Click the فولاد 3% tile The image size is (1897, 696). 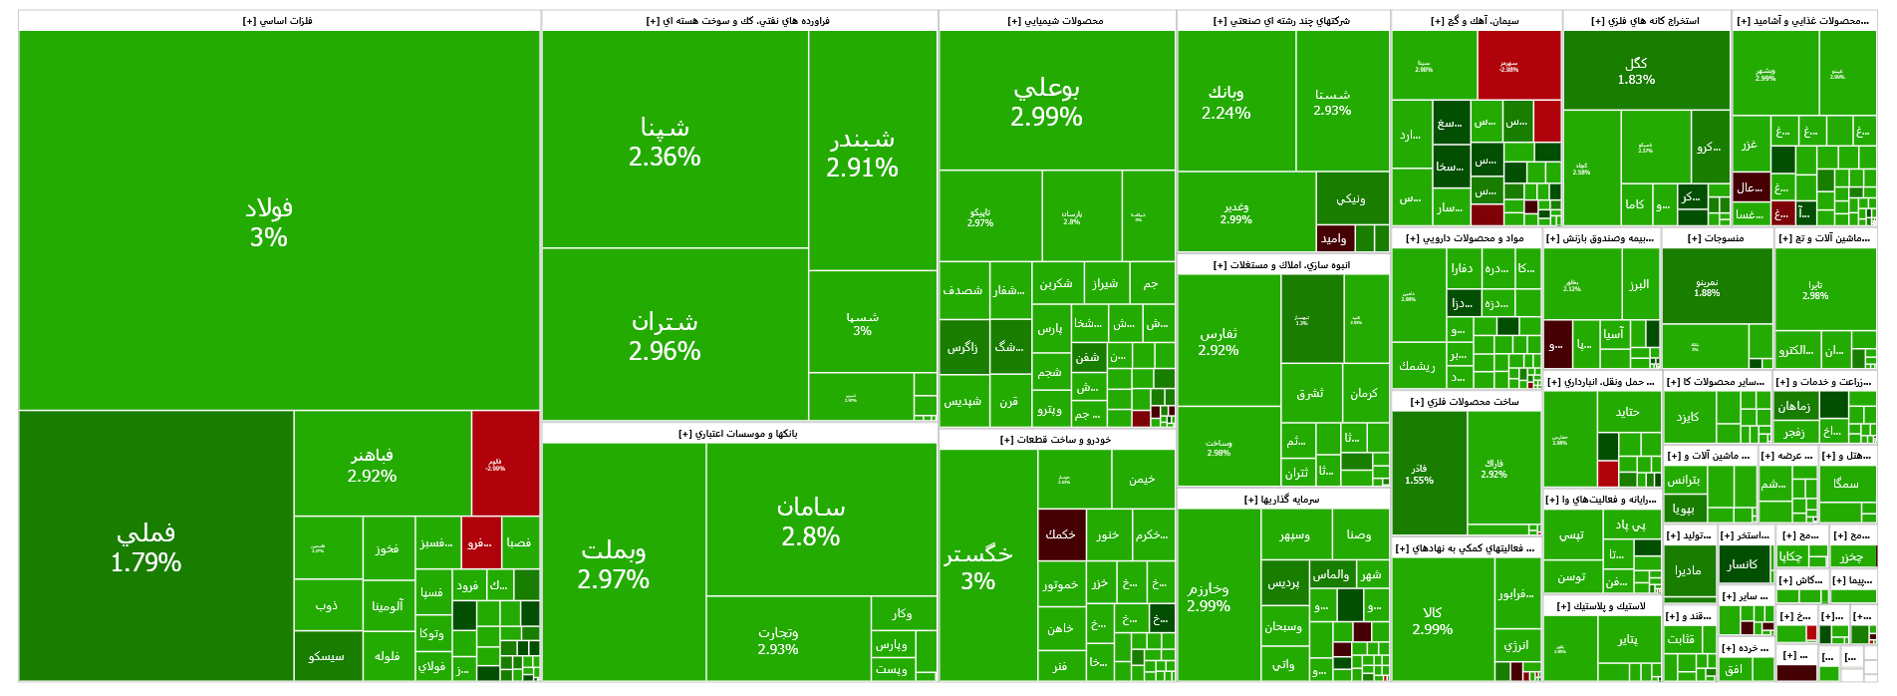coord(269,221)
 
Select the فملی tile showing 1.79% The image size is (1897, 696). coord(146,547)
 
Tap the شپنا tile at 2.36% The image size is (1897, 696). coord(665,142)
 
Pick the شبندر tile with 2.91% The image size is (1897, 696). coord(862,153)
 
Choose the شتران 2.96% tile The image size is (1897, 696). coord(665,336)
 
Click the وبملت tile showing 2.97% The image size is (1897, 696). coord(614,564)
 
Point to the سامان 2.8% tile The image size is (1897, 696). coord(811,522)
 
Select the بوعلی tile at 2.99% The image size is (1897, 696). coord(1046,102)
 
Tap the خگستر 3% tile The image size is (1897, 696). coord(978,566)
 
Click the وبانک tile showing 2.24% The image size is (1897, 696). coord(1225,102)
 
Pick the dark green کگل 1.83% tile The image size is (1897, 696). coord(1636,71)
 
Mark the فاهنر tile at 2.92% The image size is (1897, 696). coord(372,465)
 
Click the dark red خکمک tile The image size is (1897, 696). coord(1060,534)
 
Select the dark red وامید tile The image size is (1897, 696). coord(1333,238)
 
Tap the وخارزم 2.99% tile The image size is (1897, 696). coord(1209,596)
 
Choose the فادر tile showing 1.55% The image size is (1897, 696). coord(1420,474)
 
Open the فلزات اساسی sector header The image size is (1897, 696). coord(278,20)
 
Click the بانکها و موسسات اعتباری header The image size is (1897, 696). coord(738,434)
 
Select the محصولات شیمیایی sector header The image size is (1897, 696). coord(1056,20)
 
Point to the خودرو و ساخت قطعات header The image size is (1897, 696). coord(1056,440)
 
